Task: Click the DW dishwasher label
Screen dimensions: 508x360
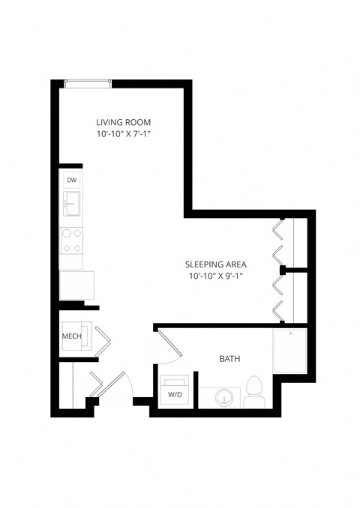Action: pyautogui.click(x=72, y=181)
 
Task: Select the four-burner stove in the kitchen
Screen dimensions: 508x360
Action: pyautogui.click(x=72, y=240)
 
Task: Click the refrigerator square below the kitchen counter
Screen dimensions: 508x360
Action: pyautogui.click(x=77, y=285)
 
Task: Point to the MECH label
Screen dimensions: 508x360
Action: pyautogui.click(x=71, y=336)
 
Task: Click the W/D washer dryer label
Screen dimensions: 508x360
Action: pyautogui.click(x=174, y=394)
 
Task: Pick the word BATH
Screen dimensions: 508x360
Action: pyautogui.click(x=229, y=360)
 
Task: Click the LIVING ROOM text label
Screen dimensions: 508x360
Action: pyautogui.click(x=124, y=122)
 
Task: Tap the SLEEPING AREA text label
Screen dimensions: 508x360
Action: pyautogui.click(x=216, y=264)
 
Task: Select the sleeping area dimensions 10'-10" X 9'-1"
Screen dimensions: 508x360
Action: pyautogui.click(x=216, y=276)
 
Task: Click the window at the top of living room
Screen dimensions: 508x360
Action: pyautogui.click(x=88, y=84)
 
